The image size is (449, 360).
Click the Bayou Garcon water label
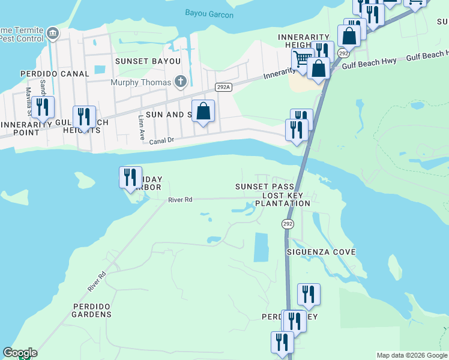(209, 14)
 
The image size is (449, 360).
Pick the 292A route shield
(224, 88)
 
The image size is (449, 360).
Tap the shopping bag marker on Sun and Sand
(203, 111)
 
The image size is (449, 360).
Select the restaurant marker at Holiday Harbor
(130, 177)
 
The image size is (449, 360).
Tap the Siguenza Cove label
(321, 252)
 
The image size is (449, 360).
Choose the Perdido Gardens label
(92, 310)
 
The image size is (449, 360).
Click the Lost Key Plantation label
(283, 200)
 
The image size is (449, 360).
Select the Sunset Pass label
(263, 187)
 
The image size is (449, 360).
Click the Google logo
(20, 353)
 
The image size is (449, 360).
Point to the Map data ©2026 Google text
(411, 355)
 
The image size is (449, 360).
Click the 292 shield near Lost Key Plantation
(288, 224)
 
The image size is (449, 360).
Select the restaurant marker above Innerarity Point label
(43, 107)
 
